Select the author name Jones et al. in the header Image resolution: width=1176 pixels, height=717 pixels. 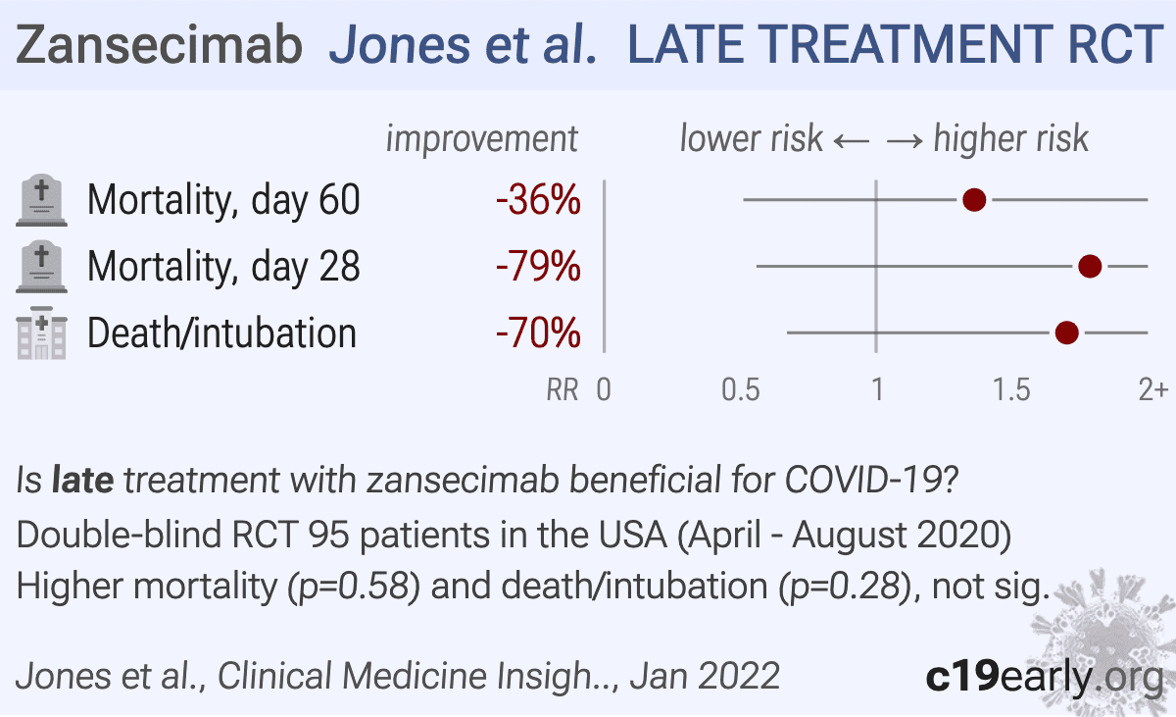pos(464,46)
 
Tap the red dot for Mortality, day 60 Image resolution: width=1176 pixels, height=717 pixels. pos(974,200)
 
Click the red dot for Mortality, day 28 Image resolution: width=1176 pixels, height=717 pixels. pos(1090,266)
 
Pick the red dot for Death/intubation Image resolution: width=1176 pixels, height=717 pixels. pos(1067,333)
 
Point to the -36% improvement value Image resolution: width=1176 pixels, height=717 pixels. pos(538,201)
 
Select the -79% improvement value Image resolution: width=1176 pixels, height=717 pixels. pos(538,267)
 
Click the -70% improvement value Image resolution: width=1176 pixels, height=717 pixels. pos(538,333)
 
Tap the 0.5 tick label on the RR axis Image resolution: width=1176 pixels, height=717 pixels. pos(741,390)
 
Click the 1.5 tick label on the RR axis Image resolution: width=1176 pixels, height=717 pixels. pos(1012,390)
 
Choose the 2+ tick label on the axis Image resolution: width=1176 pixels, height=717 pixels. pos(1152,390)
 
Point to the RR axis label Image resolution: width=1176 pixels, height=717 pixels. pos(562,391)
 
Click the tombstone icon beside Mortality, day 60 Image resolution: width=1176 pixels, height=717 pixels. pos(42,200)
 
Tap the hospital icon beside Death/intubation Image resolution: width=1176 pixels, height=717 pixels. pos(42,333)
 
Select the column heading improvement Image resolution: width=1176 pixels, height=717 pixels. pos(481,139)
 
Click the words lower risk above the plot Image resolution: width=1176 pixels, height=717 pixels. pos(751,139)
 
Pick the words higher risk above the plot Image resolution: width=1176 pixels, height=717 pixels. pos(1010,139)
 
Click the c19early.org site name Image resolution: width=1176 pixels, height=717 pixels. pos(1044,676)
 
